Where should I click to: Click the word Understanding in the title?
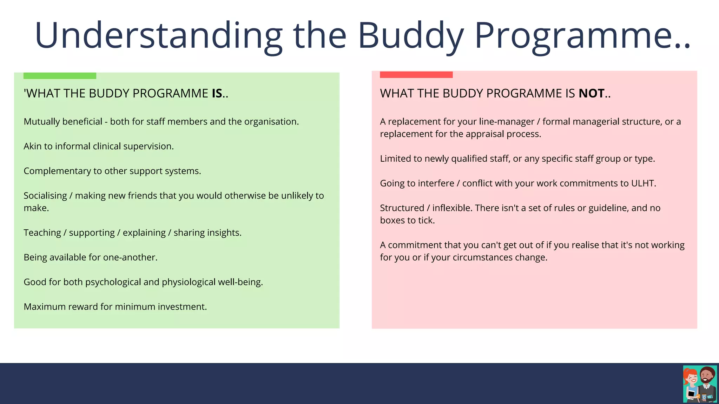(x=158, y=35)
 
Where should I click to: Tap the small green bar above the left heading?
(x=60, y=76)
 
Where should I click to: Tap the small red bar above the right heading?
(x=416, y=75)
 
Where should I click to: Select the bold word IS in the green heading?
(x=217, y=94)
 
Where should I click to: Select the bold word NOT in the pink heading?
(x=592, y=94)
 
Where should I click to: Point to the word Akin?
(x=33, y=146)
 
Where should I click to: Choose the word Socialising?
(x=45, y=196)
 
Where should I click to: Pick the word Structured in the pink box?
(x=402, y=208)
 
